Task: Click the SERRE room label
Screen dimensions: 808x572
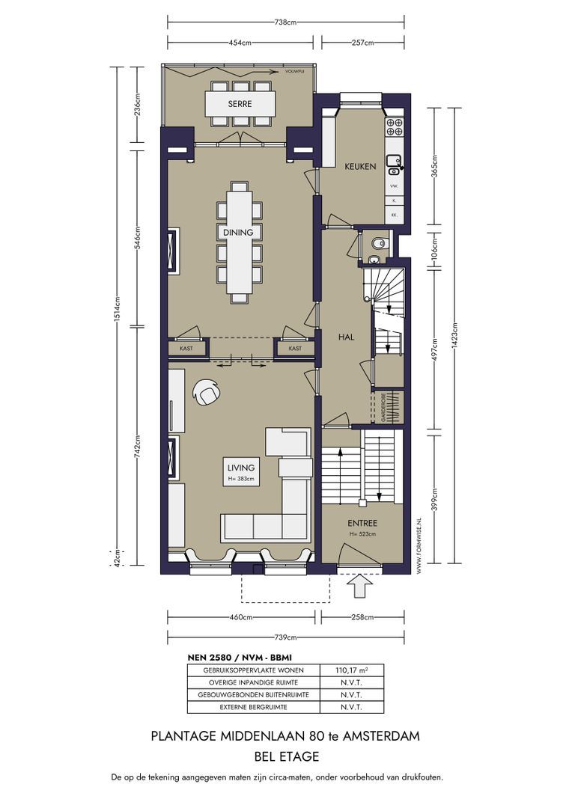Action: [240, 104]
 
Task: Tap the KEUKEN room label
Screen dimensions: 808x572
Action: [360, 166]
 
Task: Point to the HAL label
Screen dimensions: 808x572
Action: [346, 337]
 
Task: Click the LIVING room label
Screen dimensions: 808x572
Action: [242, 468]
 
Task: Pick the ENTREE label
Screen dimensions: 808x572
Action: [362, 523]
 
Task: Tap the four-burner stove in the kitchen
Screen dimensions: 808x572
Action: [395, 127]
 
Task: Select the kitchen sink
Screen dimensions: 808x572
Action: [394, 159]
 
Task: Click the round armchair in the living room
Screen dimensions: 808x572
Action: [205, 392]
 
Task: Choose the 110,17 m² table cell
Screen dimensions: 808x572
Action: [351, 670]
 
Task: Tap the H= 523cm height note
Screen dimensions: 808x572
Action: [362, 534]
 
